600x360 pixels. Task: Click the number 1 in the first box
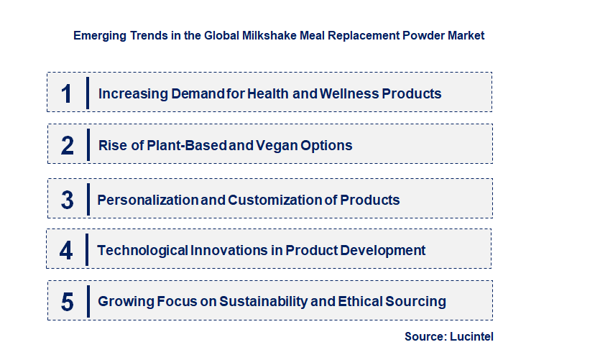67,93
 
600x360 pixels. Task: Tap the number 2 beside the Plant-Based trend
68,145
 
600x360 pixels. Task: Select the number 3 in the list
68,200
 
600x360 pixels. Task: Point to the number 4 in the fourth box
67,250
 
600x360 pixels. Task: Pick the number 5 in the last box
68,302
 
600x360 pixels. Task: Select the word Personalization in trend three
147,200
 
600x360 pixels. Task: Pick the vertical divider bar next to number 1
87,93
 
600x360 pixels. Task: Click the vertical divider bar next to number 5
87,301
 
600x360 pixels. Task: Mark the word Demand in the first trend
192,93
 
